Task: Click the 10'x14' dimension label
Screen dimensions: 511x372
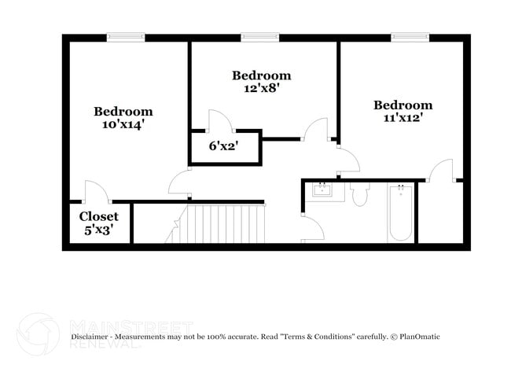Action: coord(123,124)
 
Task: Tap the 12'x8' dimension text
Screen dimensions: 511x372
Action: coord(262,88)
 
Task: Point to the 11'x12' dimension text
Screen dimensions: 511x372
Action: coord(403,118)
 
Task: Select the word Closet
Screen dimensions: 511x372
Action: coord(99,216)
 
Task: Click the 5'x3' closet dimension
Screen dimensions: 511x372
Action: coord(99,230)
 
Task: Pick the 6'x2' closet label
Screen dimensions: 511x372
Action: coord(223,146)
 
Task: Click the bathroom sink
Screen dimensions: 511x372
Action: coord(322,190)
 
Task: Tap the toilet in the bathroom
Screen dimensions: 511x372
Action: coord(360,194)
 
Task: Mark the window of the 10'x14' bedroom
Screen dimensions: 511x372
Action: coord(126,37)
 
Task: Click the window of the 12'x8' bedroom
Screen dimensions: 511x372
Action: coord(260,37)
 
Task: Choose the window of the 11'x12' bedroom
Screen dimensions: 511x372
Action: coord(410,37)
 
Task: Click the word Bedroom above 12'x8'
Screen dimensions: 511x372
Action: coord(262,76)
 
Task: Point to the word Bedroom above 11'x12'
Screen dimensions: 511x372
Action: coord(403,105)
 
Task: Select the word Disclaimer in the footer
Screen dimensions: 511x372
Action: coord(90,337)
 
